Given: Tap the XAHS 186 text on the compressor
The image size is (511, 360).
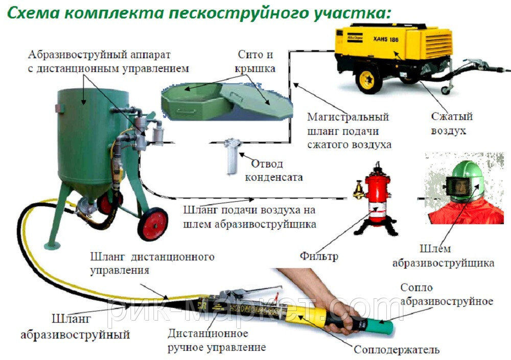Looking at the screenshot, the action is point(385,39).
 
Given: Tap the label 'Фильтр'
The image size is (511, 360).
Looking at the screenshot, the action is point(318,256).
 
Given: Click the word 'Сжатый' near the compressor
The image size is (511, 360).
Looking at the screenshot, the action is point(451,116).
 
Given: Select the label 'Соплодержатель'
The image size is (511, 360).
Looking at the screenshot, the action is point(397,350).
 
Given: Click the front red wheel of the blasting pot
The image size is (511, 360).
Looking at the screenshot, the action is point(153,224).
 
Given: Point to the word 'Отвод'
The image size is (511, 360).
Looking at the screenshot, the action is point(267,163).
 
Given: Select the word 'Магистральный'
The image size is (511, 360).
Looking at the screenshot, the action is point(348,116).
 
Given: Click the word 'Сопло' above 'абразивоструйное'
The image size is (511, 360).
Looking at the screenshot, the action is point(416,287).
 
